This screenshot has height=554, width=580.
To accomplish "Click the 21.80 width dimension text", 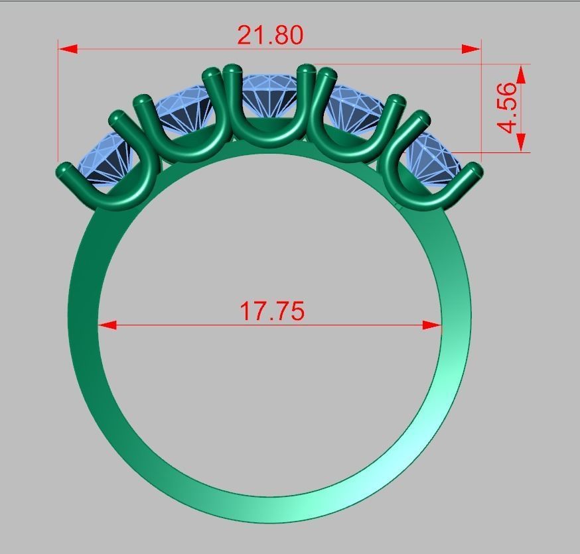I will [x=270, y=35].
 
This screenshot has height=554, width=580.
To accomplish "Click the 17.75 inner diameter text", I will [x=271, y=311].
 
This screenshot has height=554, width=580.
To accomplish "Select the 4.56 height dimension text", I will [x=508, y=107].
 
